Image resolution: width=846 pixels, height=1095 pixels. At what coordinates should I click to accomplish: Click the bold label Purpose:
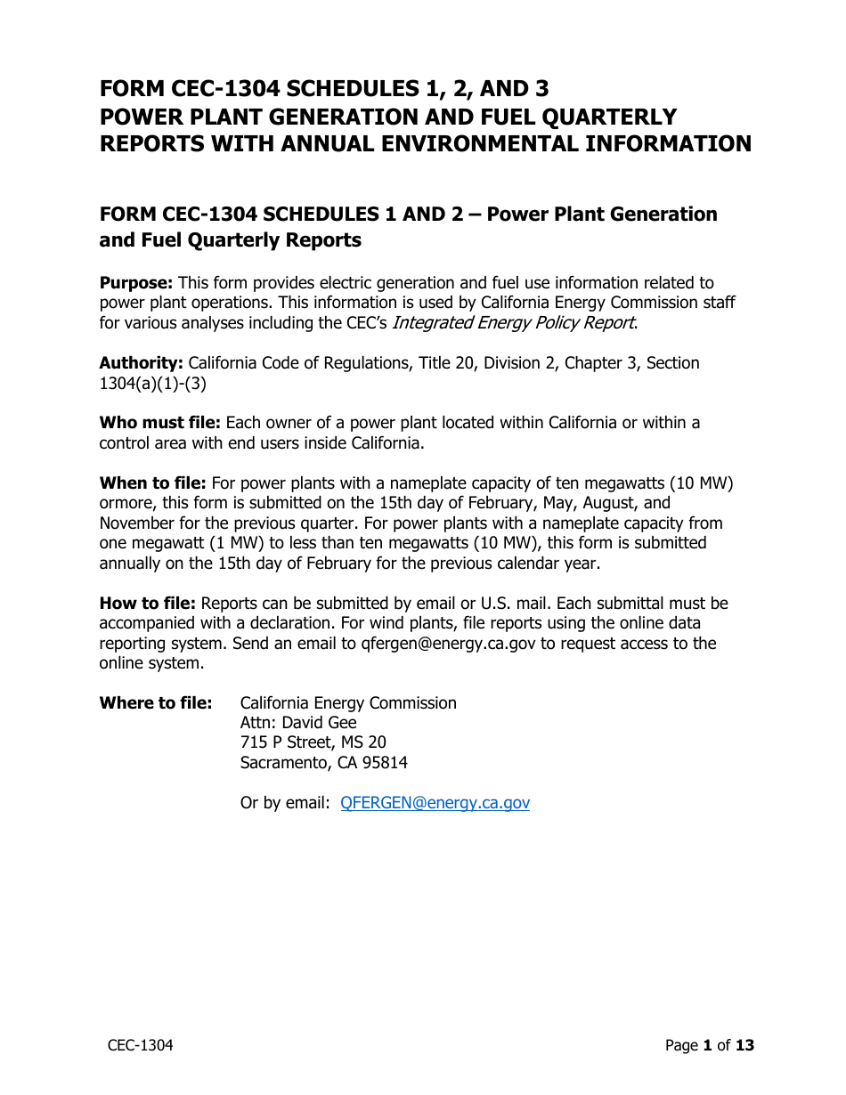point(136,283)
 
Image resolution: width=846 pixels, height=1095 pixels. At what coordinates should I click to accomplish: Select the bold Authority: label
point(142,363)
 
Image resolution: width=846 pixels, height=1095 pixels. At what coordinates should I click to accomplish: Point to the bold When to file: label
point(152,483)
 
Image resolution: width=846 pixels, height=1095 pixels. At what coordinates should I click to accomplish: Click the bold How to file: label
point(148,604)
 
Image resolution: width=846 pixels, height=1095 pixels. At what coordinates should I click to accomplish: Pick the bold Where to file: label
point(156,703)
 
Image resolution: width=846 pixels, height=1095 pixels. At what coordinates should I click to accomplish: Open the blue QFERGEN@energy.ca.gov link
point(435,803)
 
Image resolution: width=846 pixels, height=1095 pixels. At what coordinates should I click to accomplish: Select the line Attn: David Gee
point(298,723)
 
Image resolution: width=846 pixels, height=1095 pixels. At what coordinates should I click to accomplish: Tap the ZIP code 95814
point(386,763)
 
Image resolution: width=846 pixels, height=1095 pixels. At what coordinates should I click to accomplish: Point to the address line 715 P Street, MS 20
point(313,742)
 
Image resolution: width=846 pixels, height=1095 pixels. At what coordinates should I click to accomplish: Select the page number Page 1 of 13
point(709,1045)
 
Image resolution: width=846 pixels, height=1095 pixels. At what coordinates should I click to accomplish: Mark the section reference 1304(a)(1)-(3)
point(153,383)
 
